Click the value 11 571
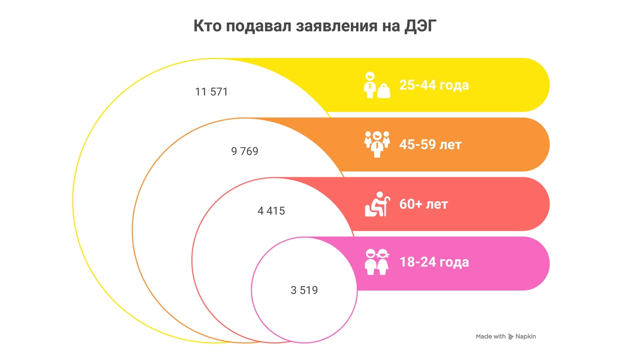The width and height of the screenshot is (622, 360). [x=211, y=92]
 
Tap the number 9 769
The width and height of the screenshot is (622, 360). [x=244, y=152]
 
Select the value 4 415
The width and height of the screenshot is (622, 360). [x=271, y=211]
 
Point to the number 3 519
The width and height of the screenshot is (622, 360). [x=304, y=291]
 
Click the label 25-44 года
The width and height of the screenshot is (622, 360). [x=434, y=85]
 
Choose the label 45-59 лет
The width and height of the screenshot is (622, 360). [x=430, y=145]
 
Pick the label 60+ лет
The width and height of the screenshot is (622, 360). [x=423, y=204]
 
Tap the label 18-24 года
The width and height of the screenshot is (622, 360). [x=434, y=262]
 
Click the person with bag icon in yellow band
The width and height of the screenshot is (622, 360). [x=370, y=85]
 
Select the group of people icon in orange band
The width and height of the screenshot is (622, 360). [x=377, y=144]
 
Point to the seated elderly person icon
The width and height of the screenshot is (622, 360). [x=376, y=204]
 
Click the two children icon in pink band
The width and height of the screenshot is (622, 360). [x=377, y=262]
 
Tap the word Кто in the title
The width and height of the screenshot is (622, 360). [x=207, y=26]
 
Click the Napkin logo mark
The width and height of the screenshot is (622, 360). [x=511, y=337]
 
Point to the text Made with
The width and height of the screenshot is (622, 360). [x=490, y=337]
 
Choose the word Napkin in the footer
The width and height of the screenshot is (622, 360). [x=526, y=337]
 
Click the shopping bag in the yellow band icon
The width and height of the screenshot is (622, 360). [x=384, y=91]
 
